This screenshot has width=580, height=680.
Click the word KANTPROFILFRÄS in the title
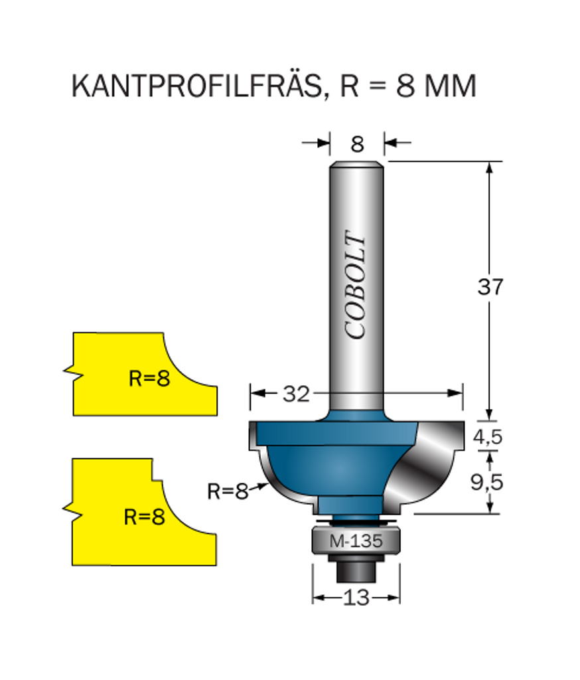coord(197,86)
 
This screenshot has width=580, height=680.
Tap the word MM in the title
coord(453,86)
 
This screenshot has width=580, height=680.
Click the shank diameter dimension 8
coord(357,143)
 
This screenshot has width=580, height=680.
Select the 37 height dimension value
coord(490,287)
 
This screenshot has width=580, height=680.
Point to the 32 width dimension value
coord(296,394)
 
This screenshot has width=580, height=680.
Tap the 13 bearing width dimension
coord(356,598)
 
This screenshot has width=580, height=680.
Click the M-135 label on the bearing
coord(356,541)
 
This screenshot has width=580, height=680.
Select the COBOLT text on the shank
coord(357,286)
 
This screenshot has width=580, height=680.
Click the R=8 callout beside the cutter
coord(227,491)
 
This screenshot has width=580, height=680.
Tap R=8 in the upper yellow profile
coord(149,379)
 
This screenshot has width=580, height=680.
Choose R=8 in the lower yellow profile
coord(144,517)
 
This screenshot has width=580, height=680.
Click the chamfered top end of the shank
coord(357,163)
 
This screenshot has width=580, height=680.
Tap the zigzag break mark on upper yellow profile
coord(73,372)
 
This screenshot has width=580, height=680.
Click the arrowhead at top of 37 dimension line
coord(490,167)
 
